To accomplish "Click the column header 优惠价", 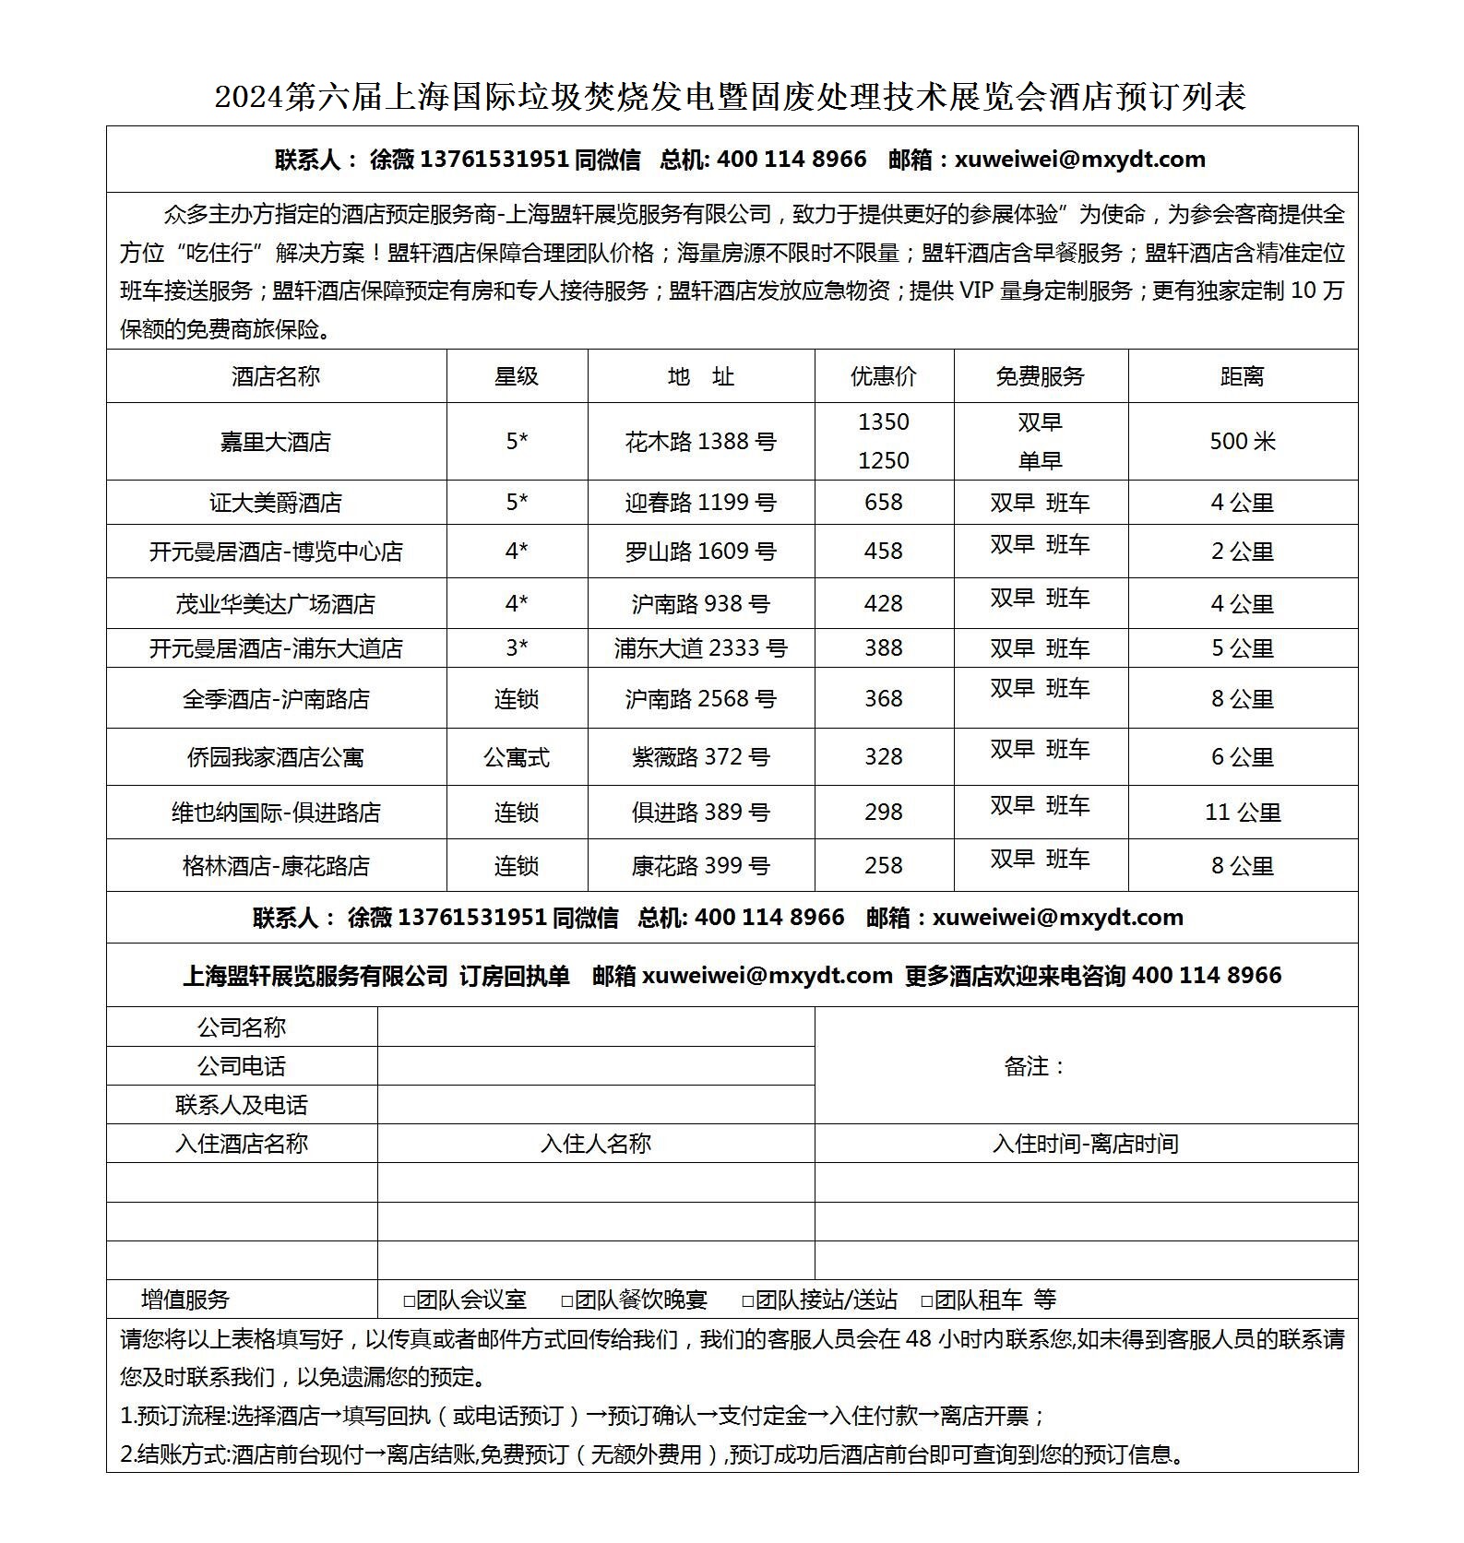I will click(883, 376).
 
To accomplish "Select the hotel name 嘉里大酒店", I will click(275, 442).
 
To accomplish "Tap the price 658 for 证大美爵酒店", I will click(883, 503).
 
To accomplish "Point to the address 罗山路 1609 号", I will click(700, 552).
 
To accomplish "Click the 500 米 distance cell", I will click(1242, 442).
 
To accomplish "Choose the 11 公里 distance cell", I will click(1242, 813).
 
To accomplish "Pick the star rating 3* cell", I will click(517, 648).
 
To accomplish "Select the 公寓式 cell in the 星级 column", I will click(517, 757).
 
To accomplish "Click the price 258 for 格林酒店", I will click(883, 866).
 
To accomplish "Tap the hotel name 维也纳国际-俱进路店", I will click(275, 813).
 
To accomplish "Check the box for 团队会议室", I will click(410, 1301).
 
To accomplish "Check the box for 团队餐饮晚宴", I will click(567, 1301).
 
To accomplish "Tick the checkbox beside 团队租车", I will click(927, 1301).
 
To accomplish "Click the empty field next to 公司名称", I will click(595, 1027).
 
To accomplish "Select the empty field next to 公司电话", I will click(595, 1065).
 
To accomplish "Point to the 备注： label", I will click(1035, 1066).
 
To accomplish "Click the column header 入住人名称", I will click(595, 1144).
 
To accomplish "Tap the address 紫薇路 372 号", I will click(700, 757).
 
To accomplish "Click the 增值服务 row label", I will click(184, 1300).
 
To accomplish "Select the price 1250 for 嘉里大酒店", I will click(883, 460).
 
